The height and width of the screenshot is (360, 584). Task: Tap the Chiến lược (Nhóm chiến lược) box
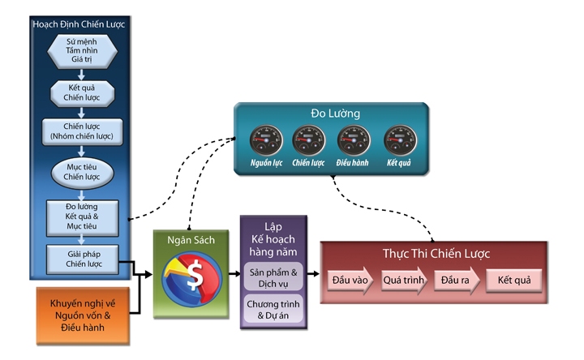pyautogui.click(x=81, y=131)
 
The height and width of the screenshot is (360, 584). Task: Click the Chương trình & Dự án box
pyautogui.click(x=273, y=310)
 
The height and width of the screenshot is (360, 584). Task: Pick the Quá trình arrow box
pyautogui.click(x=403, y=281)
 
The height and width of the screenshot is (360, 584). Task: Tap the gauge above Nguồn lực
pyautogui.click(x=263, y=139)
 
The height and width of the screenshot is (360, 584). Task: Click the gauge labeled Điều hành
pyautogui.click(x=354, y=139)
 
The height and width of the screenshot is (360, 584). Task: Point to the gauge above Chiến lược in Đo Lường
pyautogui.click(x=308, y=139)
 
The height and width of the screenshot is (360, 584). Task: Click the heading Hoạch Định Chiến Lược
pyautogui.click(x=80, y=24)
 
